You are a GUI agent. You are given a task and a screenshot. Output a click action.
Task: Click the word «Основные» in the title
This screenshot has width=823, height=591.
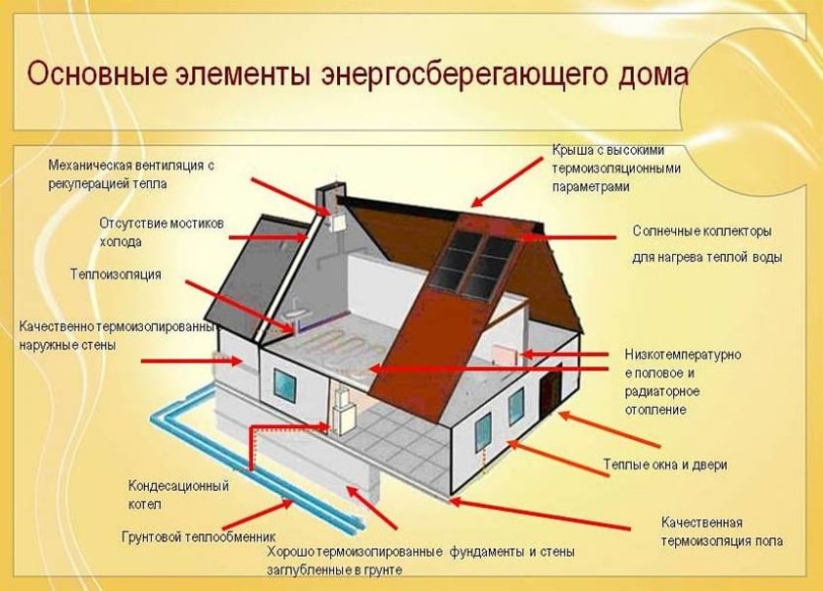click(x=89, y=75)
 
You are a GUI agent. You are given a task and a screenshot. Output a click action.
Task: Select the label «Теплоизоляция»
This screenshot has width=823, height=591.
click(x=116, y=273)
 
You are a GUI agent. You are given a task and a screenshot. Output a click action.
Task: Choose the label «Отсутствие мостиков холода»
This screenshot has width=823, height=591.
click(x=162, y=232)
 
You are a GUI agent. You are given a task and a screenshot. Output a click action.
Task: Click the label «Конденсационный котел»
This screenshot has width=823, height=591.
click(x=178, y=494)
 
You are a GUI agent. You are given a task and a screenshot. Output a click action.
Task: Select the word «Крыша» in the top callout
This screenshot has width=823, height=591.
click(x=571, y=150)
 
